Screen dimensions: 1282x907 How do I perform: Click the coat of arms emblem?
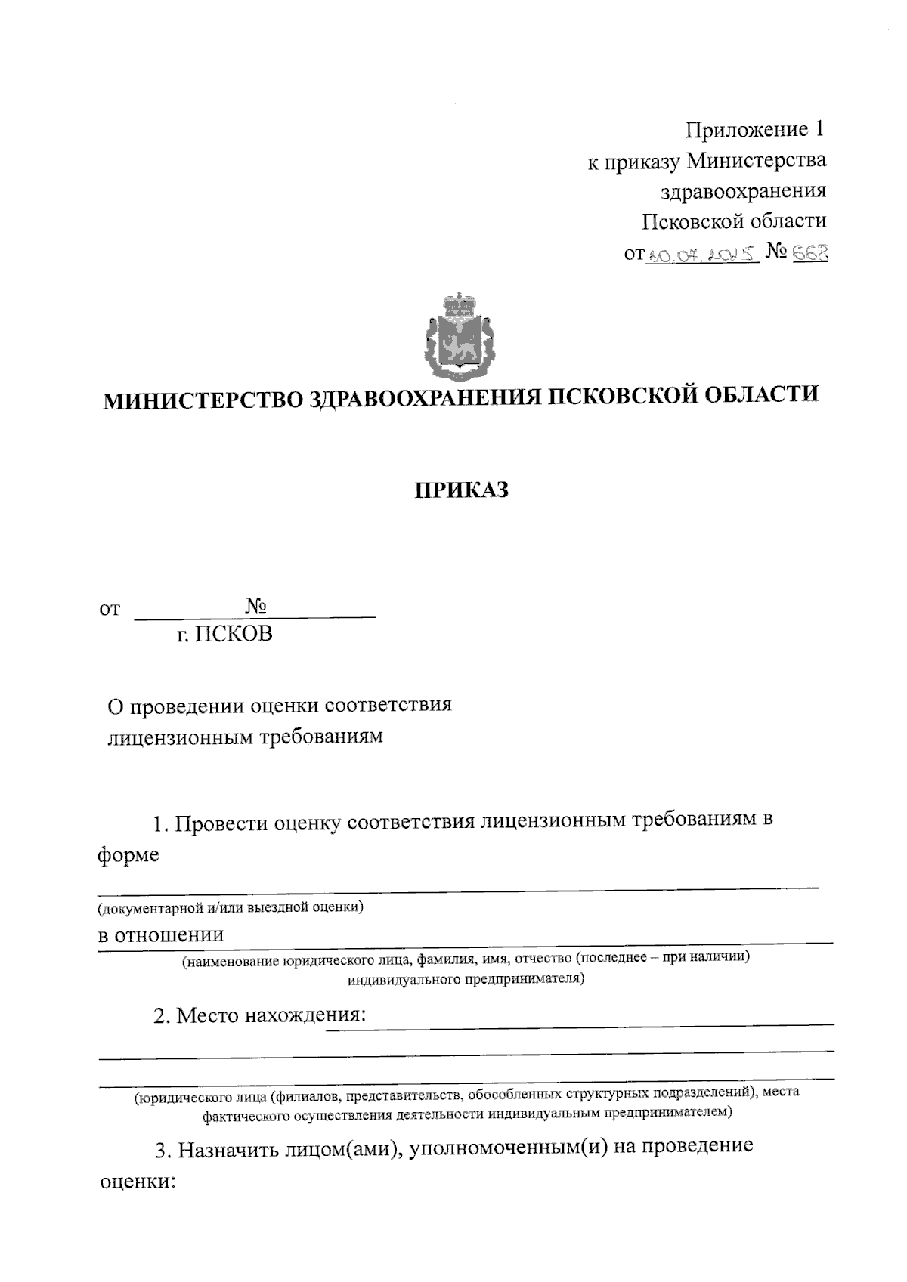click(x=459, y=337)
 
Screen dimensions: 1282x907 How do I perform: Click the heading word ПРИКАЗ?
click(x=462, y=491)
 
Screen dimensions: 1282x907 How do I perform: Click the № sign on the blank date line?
click(x=258, y=607)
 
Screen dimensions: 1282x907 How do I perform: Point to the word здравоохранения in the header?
click(x=744, y=191)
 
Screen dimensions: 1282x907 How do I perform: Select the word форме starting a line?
click(x=128, y=855)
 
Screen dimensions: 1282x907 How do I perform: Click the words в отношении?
click(x=161, y=934)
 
